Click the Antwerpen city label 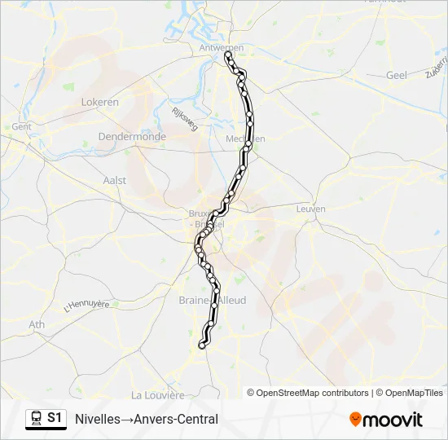(221, 48)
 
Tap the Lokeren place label (100, 102)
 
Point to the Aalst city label (115, 180)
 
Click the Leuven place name (312, 209)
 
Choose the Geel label (396, 74)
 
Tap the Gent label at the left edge (20, 127)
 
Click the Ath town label (37, 324)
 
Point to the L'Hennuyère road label (86, 306)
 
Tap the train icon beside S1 (36, 419)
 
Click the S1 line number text (55, 419)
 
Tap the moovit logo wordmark (393, 420)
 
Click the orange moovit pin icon (355, 420)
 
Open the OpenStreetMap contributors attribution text (308, 393)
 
